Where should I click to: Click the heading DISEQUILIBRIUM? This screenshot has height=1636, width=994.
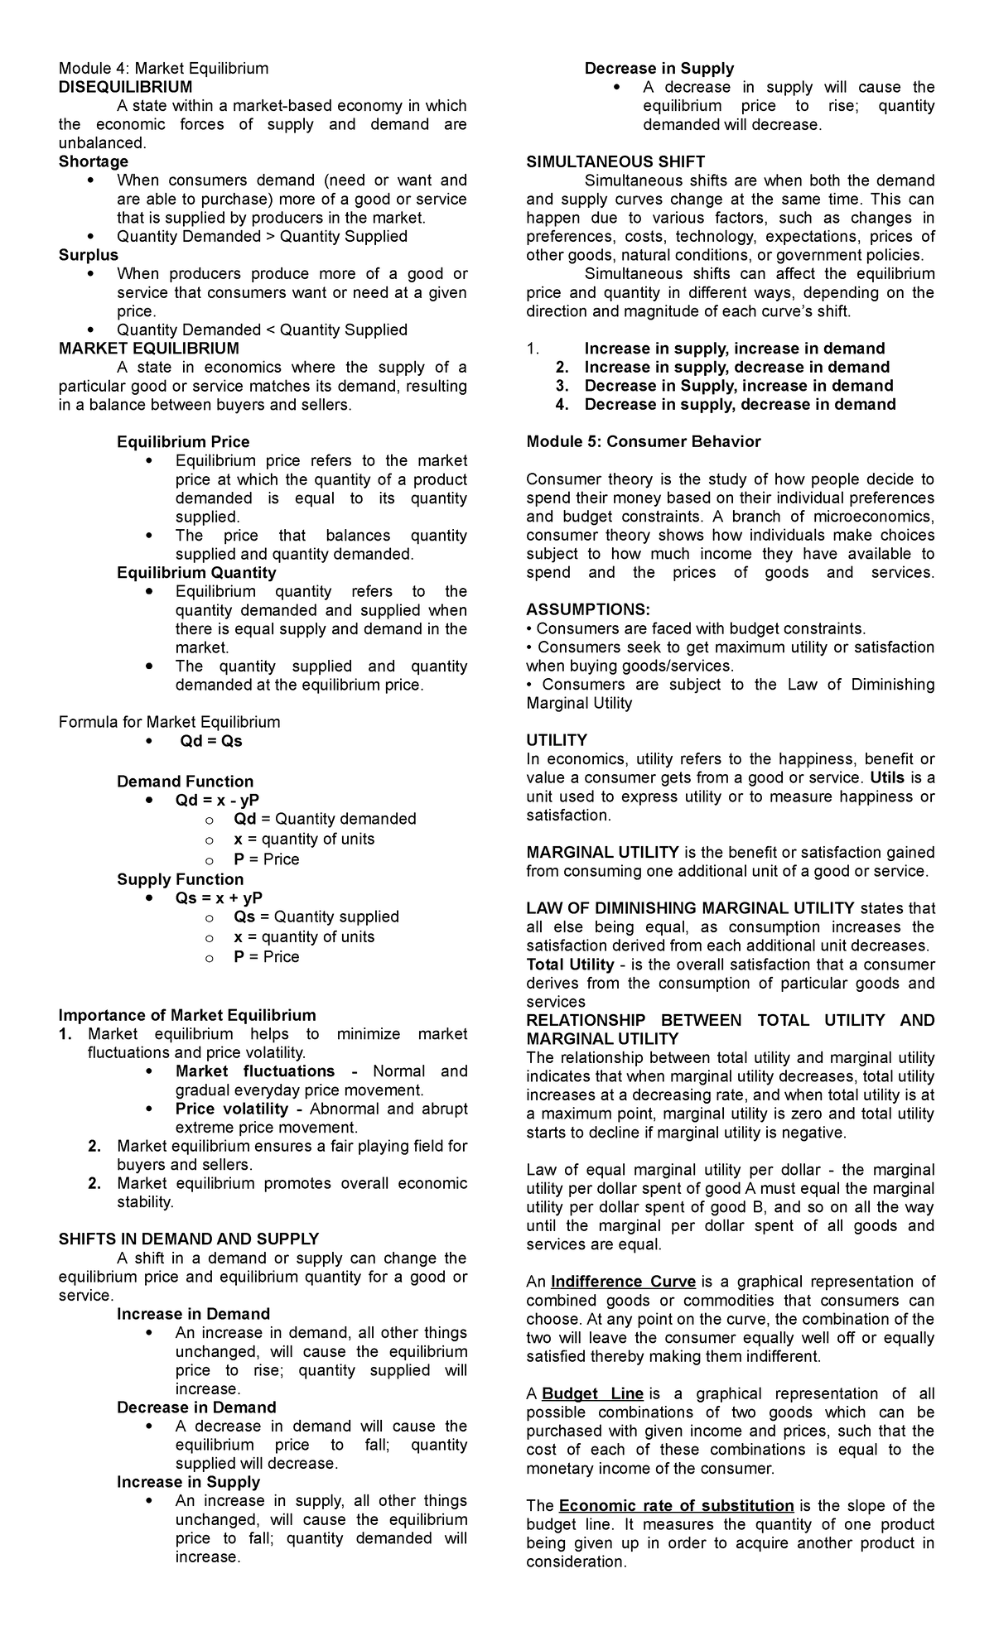[x=125, y=87]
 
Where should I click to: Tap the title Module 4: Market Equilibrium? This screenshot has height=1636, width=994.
[x=163, y=68]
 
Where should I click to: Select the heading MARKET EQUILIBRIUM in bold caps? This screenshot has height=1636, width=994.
[x=149, y=349]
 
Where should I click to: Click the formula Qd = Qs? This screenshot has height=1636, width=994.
[x=211, y=741]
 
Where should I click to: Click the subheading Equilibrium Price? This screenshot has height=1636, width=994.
[x=183, y=442]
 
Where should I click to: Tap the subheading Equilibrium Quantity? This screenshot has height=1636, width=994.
[x=196, y=573]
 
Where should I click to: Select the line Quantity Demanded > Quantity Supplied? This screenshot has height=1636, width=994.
[x=262, y=237]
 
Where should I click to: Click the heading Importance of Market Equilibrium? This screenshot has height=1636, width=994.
[x=187, y=1016]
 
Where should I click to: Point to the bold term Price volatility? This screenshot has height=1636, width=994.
[x=231, y=1109]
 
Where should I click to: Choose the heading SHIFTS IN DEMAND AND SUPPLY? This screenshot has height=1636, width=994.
[x=189, y=1239]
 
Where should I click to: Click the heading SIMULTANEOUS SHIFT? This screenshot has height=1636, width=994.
[x=615, y=162]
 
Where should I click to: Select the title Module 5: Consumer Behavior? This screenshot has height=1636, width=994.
[x=644, y=442]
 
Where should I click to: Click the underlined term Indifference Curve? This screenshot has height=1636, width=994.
[x=623, y=1282]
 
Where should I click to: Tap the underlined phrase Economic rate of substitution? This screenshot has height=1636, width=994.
[x=676, y=1506]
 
